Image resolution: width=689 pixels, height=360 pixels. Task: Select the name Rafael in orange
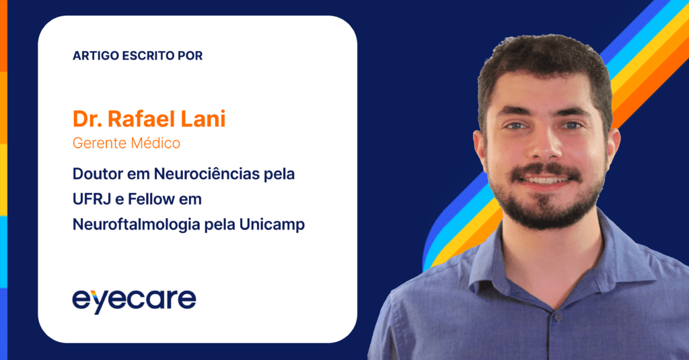[141, 118]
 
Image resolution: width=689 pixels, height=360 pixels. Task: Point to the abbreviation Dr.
[87, 118]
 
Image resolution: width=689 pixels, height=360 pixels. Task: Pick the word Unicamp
[272, 225]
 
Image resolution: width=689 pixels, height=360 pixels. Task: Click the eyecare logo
[134, 301]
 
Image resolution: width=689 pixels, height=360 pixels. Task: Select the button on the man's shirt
[558, 316]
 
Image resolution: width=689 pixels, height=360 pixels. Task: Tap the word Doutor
[98, 174]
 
